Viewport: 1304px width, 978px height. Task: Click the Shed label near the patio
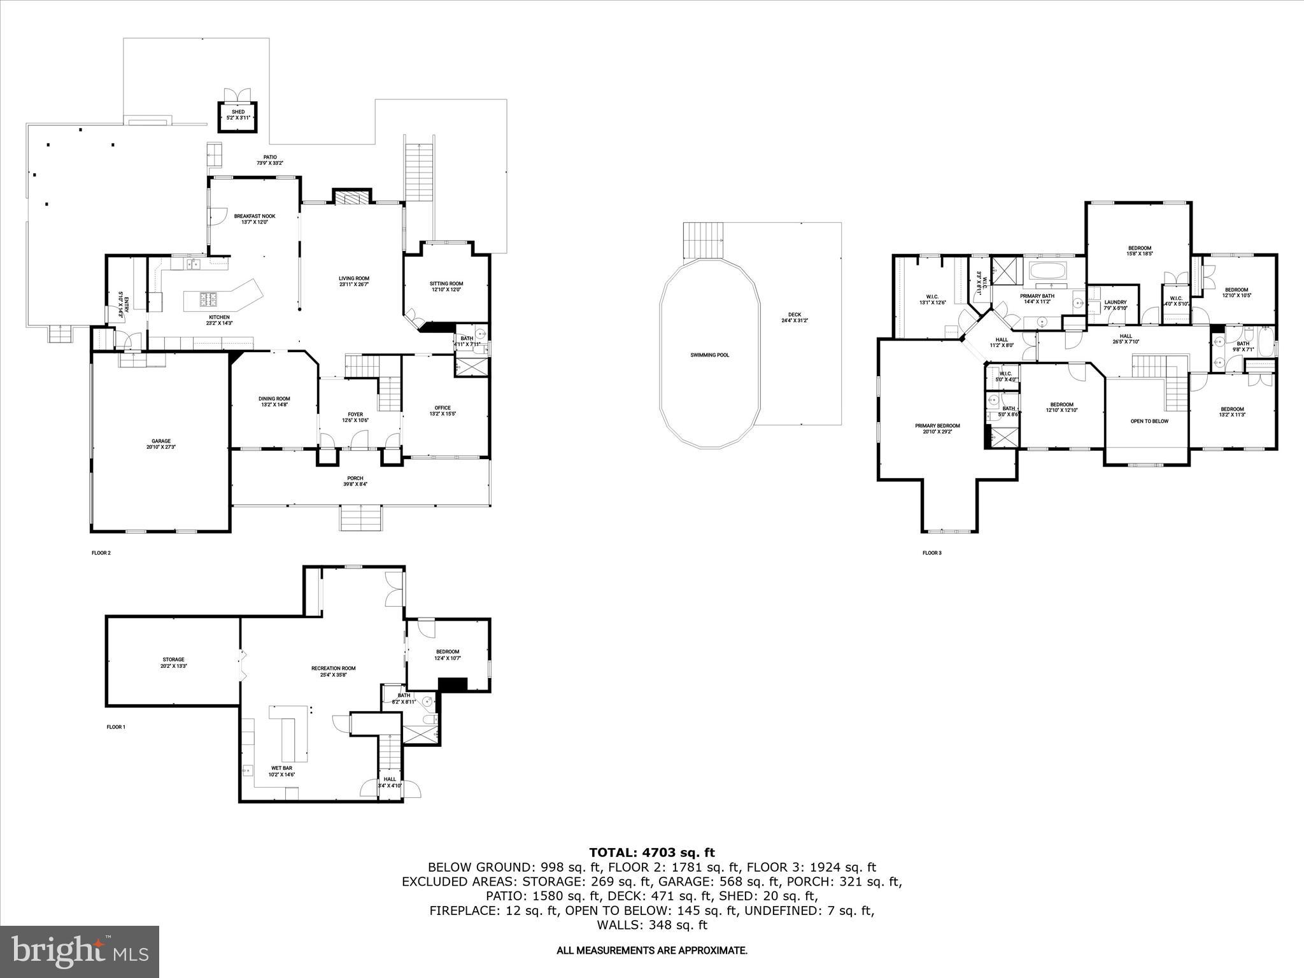coord(238,112)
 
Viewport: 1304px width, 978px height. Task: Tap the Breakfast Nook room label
coord(254,216)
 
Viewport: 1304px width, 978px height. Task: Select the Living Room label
coord(354,278)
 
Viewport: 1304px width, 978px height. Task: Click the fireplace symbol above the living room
coord(352,197)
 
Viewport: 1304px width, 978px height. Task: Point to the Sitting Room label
coord(446,283)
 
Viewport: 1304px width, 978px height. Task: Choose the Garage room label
coord(161,441)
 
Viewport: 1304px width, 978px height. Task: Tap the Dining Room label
coord(274,399)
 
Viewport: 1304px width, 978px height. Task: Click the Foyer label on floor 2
coord(355,415)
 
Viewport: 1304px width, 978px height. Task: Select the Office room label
coord(443,408)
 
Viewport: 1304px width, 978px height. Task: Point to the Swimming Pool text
coord(709,355)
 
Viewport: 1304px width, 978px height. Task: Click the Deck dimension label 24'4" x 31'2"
coord(795,320)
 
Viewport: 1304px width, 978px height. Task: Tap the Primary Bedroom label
coord(937,426)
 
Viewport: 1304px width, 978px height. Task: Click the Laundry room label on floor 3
coord(1116,302)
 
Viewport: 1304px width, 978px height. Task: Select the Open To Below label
coord(1149,421)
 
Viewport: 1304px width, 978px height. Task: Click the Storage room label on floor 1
coord(173,660)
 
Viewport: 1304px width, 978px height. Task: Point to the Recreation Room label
coord(333,669)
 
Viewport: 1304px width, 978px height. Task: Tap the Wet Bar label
coord(281,769)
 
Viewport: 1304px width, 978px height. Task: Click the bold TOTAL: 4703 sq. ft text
coord(651,853)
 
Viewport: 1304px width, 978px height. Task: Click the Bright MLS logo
coord(80,951)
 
